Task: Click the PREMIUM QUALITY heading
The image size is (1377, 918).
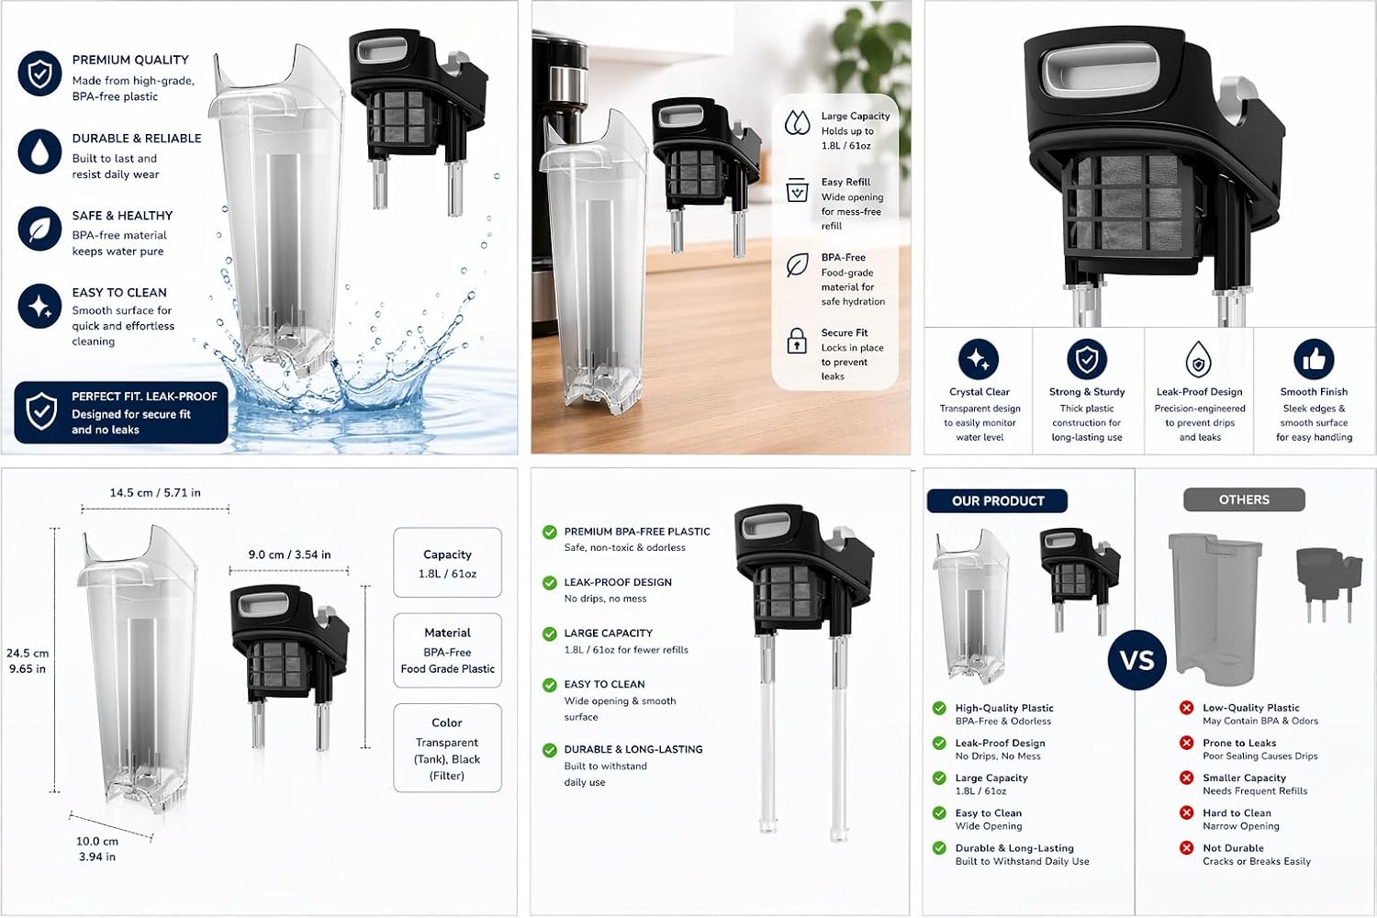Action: pyautogui.click(x=130, y=60)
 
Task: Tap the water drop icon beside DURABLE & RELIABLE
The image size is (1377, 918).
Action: pyautogui.click(x=40, y=151)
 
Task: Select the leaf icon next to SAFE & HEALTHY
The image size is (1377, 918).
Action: pyautogui.click(x=40, y=229)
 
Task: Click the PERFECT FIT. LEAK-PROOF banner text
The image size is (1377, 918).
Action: pyautogui.click(x=144, y=397)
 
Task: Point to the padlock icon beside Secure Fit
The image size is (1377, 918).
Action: pyautogui.click(x=797, y=340)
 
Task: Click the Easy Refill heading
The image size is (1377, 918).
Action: pyautogui.click(x=845, y=182)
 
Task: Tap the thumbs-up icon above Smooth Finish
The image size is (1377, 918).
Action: pyautogui.click(x=1314, y=359)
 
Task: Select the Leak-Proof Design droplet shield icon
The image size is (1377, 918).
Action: pyautogui.click(x=1198, y=359)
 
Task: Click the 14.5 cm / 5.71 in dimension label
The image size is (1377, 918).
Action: pyautogui.click(x=155, y=493)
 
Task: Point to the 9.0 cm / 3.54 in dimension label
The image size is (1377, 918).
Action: pyautogui.click(x=289, y=554)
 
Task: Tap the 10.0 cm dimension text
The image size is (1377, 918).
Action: pyautogui.click(x=97, y=841)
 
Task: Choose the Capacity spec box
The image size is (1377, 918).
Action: pyautogui.click(x=448, y=563)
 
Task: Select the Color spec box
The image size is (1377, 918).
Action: pyautogui.click(x=448, y=747)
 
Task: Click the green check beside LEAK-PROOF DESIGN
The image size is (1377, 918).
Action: pyautogui.click(x=550, y=583)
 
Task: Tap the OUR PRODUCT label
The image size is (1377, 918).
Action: pyautogui.click(x=997, y=501)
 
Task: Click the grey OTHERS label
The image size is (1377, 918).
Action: pyautogui.click(x=1244, y=500)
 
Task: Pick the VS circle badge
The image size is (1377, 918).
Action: pyautogui.click(x=1136, y=660)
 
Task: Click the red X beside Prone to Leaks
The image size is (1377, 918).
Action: pyautogui.click(x=1186, y=743)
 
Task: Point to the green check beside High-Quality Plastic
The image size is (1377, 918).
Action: pyautogui.click(x=939, y=709)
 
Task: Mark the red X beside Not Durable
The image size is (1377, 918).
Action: pyautogui.click(x=1186, y=848)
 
